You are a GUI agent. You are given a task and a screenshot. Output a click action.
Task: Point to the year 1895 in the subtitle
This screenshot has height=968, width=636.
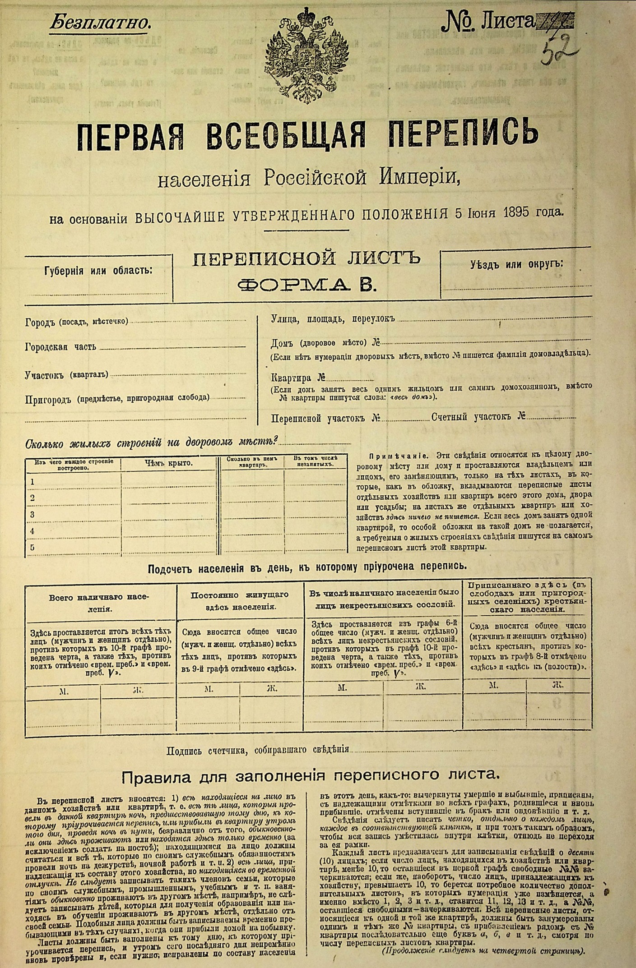click(512, 212)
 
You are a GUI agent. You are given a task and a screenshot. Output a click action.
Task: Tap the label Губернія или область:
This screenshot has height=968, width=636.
click(98, 271)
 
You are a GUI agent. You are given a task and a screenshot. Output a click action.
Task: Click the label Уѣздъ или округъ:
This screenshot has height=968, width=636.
click(517, 265)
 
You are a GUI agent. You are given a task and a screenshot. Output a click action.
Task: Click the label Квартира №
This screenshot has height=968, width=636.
click(298, 378)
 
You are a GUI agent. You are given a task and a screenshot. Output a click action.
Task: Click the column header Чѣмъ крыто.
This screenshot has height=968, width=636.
click(168, 463)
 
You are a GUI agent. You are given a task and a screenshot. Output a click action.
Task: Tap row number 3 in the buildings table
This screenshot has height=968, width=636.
click(32, 514)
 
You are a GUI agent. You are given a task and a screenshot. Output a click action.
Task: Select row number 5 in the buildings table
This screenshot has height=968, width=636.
click(32, 547)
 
